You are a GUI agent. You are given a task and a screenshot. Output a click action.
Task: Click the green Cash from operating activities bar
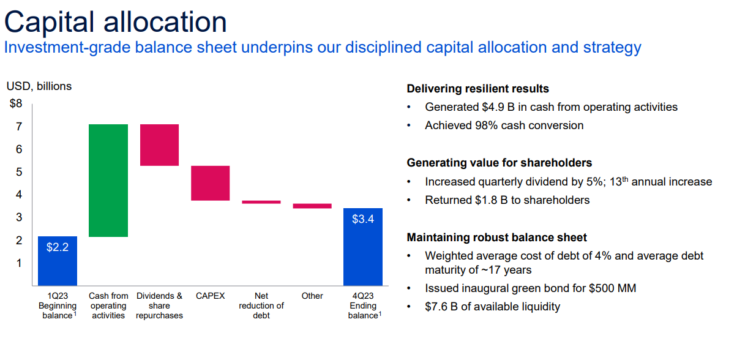(108, 181)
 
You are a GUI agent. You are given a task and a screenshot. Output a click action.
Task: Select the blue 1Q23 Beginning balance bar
(58, 261)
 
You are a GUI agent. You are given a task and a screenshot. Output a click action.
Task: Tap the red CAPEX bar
(210, 183)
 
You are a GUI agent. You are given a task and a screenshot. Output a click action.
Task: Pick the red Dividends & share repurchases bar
(160, 145)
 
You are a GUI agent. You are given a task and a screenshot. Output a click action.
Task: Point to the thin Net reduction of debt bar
(261, 202)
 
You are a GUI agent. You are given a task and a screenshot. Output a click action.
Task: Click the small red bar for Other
(312, 206)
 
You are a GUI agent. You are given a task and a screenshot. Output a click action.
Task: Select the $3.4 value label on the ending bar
(363, 219)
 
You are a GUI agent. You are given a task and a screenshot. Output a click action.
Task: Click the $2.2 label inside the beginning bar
(58, 247)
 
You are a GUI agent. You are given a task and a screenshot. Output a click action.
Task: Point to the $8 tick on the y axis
(16, 103)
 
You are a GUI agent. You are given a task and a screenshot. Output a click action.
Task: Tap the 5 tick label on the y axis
(19, 172)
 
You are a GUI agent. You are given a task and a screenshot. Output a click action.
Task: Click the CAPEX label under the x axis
(210, 296)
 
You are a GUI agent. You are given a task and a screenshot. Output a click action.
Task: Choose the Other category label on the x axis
(312, 296)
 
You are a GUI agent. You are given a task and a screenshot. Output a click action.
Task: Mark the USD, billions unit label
(39, 86)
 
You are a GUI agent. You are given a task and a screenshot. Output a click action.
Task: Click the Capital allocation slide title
(116, 22)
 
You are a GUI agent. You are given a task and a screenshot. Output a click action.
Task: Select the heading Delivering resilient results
(477, 89)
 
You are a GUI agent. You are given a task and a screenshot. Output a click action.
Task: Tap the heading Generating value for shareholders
(499, 163)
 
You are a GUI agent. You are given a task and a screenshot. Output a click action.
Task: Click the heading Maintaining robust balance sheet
(496, 238)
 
